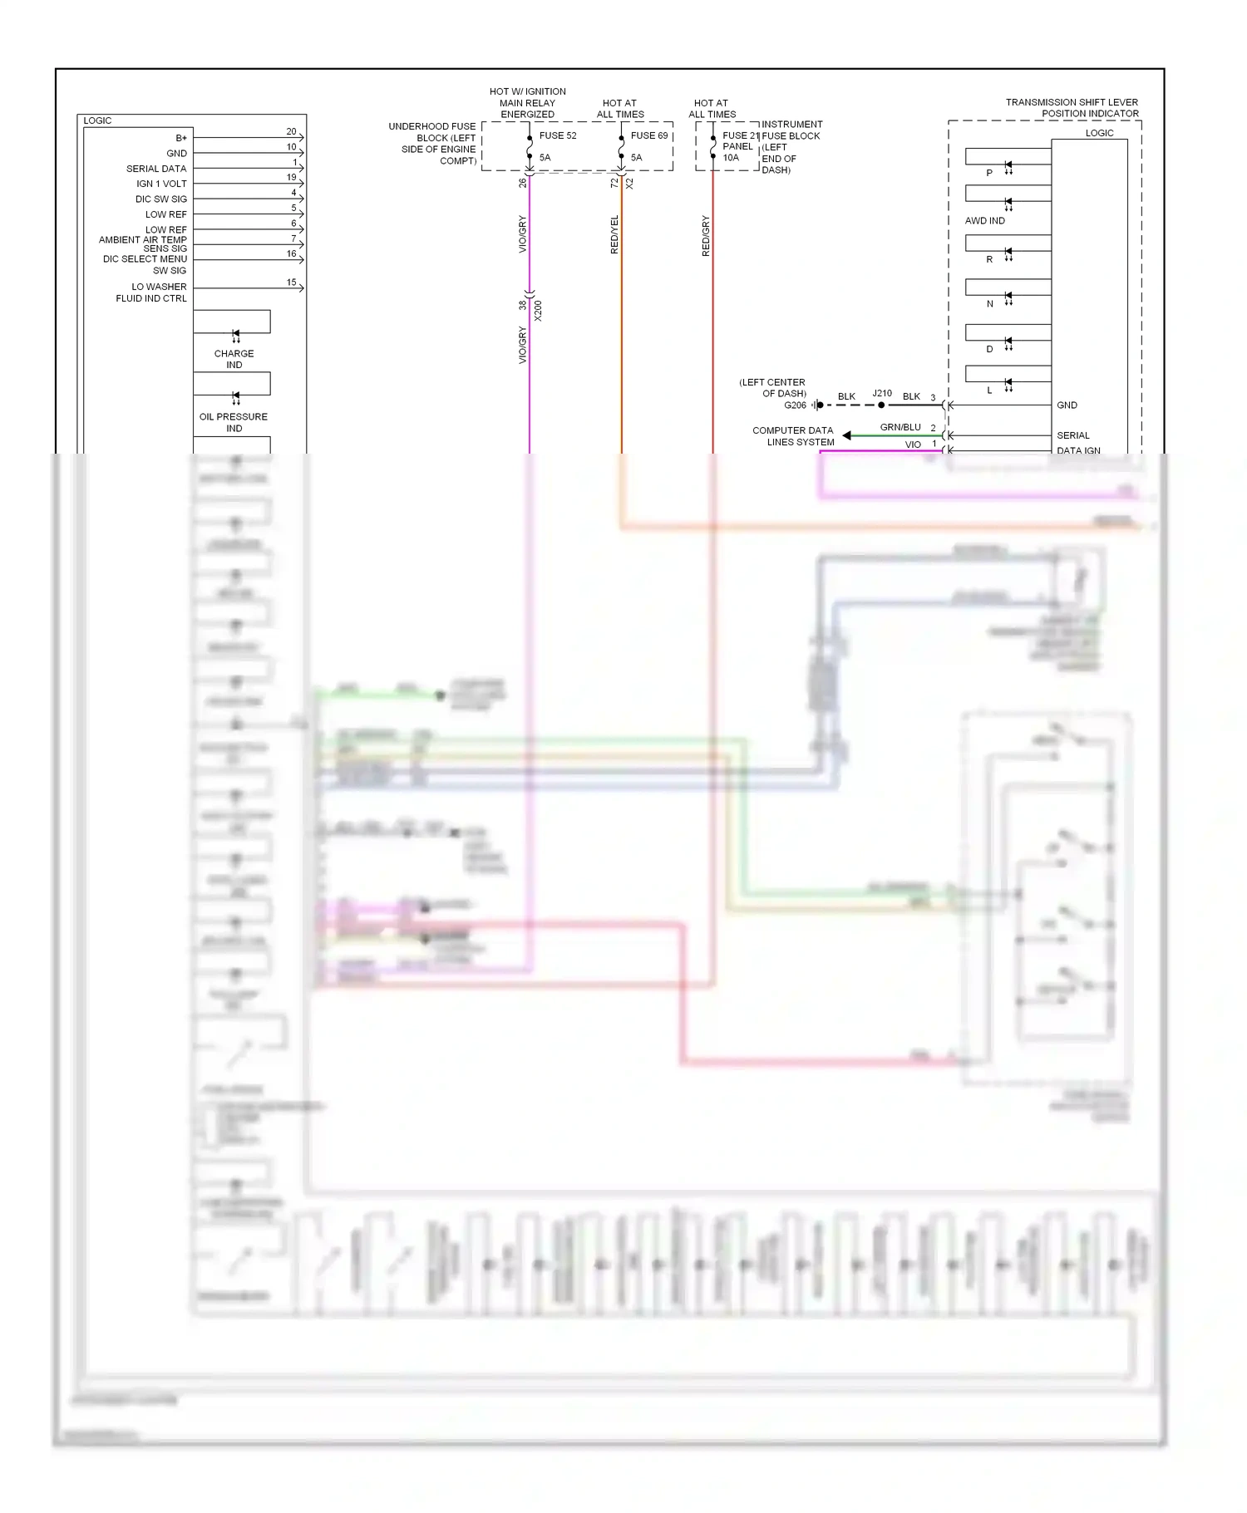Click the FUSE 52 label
point(558,135)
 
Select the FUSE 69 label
point(649,135)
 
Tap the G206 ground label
point(795,405)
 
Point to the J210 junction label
point(882,393)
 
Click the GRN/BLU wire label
point(900,427)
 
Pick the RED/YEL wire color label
point(614,234)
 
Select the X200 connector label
point(538,311)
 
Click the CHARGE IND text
point(234,359)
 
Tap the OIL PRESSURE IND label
point(234,422)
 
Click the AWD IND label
point(984,221)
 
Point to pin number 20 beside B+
point(291,131)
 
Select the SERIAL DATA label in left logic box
point(156,169)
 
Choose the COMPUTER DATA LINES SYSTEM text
point(793,436)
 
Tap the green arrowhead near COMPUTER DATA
point(846,435)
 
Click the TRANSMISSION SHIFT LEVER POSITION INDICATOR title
point(1072,108)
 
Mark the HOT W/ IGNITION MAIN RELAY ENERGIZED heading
point(527,103)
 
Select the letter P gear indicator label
point(989,173)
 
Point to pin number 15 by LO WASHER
point(291,282)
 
